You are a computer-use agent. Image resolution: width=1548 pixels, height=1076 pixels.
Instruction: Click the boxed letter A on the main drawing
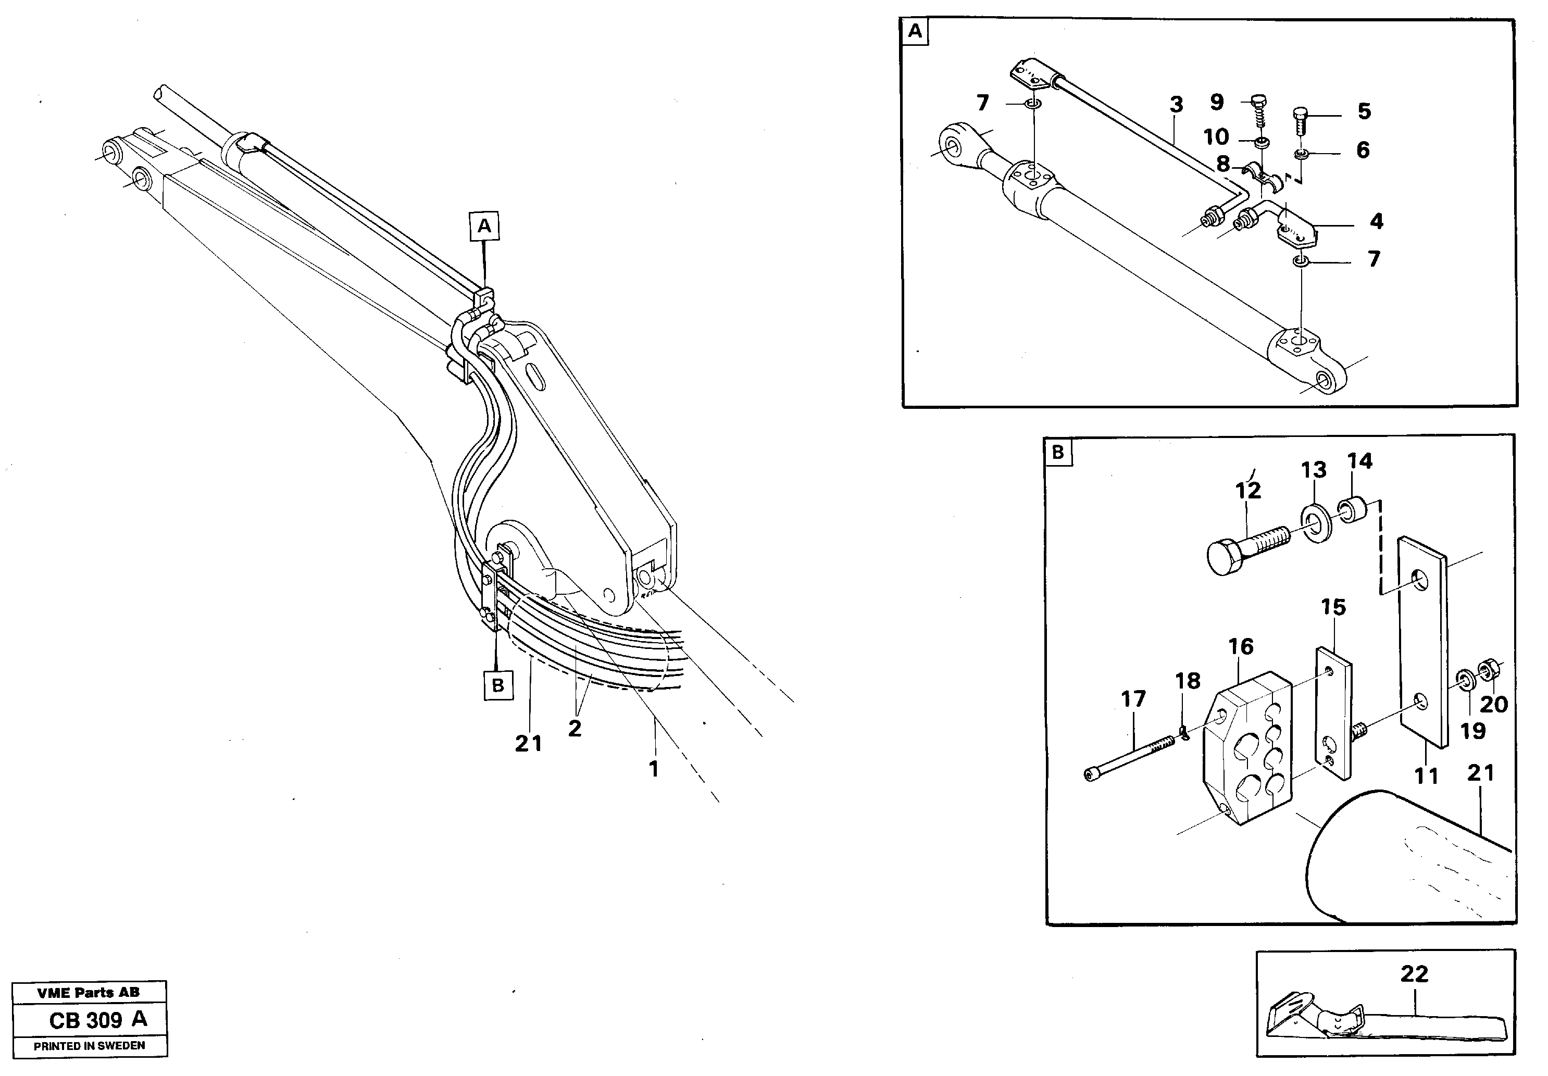pyautogui.click(x=484, y=226)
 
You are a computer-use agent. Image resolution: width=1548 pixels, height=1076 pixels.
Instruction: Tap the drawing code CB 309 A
pyautogui.click(x=98, y=1019)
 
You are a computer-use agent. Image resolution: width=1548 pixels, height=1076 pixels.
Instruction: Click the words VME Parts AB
pyautogui.click(x=89, y=992)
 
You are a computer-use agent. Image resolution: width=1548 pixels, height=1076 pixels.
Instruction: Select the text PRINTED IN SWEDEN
pyautogui.click(x=89, y=1046)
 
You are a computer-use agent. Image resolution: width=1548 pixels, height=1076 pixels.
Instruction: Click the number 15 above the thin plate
pyautogui.click(x=1333, y=607)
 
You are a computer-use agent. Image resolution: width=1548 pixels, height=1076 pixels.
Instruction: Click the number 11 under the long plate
pyautogui.click(x=1426, y=776)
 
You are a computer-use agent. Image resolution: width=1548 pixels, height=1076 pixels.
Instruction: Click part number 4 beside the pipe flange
pyautogui.click(x=1376, y=221)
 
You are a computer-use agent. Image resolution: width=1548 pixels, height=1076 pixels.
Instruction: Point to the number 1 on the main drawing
pyautogui.click(x=653, y=769)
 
